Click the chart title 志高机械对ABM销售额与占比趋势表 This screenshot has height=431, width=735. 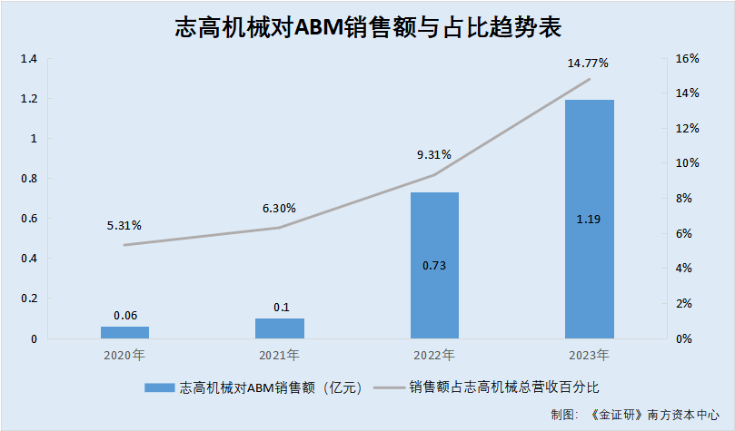368,28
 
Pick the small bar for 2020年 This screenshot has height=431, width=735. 124,332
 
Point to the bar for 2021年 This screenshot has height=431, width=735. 280,328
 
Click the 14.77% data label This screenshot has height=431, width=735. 588,64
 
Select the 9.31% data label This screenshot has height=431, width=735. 433,154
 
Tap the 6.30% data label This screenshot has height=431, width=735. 279,208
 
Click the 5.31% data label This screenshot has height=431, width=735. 124,225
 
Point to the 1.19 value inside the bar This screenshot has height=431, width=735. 589,219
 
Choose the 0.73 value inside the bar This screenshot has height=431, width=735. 434,266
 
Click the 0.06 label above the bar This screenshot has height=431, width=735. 125,315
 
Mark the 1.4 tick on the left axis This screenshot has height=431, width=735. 28,59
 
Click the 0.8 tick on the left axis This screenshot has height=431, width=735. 28,179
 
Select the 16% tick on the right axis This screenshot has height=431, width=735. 688,59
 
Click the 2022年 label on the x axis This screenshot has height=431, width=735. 433,355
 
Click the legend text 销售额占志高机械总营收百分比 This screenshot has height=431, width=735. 504,387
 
